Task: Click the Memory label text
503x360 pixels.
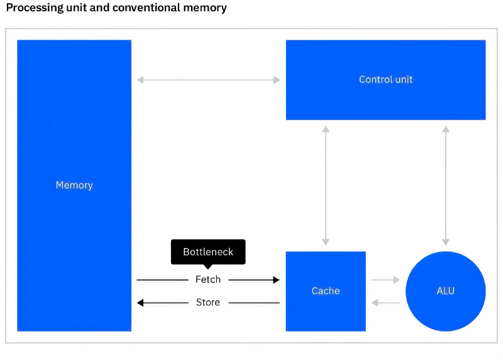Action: [74, 185]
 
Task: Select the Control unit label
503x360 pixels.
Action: [385, 80]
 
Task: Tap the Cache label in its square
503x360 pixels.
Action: [326, 291]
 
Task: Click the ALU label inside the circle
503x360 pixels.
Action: [445, 291]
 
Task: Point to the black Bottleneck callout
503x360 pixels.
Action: [208, 252]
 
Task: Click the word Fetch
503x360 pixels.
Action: [208, 280]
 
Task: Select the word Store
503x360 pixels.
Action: [208, 303]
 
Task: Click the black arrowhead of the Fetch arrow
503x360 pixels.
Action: [276, 280]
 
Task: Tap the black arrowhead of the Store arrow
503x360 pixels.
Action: [141, 303]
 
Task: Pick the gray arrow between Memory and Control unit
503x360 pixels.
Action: [208, 80]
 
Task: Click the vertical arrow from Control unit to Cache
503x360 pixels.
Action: [326, 185]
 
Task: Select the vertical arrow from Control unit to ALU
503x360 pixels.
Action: [446, 185]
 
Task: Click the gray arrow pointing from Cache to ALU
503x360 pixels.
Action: [385, 280]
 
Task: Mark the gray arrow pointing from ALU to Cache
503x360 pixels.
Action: [385, 303]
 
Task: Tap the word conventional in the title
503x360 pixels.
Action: [144, 8]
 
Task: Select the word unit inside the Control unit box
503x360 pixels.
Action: [403, 80]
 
